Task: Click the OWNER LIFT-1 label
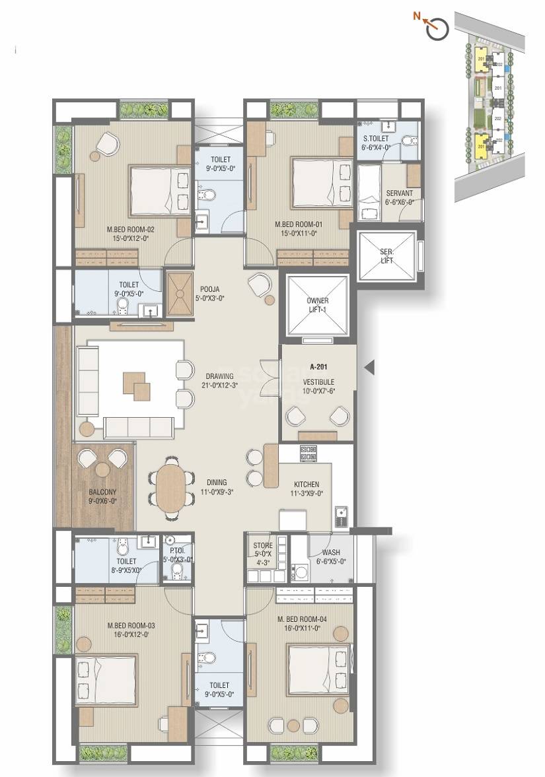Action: (x=318, y=305)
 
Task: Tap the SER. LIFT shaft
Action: (x=387, y=257)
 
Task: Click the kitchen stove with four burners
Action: (x=309, y=454)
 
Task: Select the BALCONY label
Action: (x=102, y=492)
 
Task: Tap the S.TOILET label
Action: (x=377, y=139)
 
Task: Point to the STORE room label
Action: (x=262, y=546)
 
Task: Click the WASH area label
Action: (x=332, y=553)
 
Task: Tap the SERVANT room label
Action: (x=400, y=193)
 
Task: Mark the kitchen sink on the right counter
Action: (x=340, y=514)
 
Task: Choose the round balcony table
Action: (x=102, y=469)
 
